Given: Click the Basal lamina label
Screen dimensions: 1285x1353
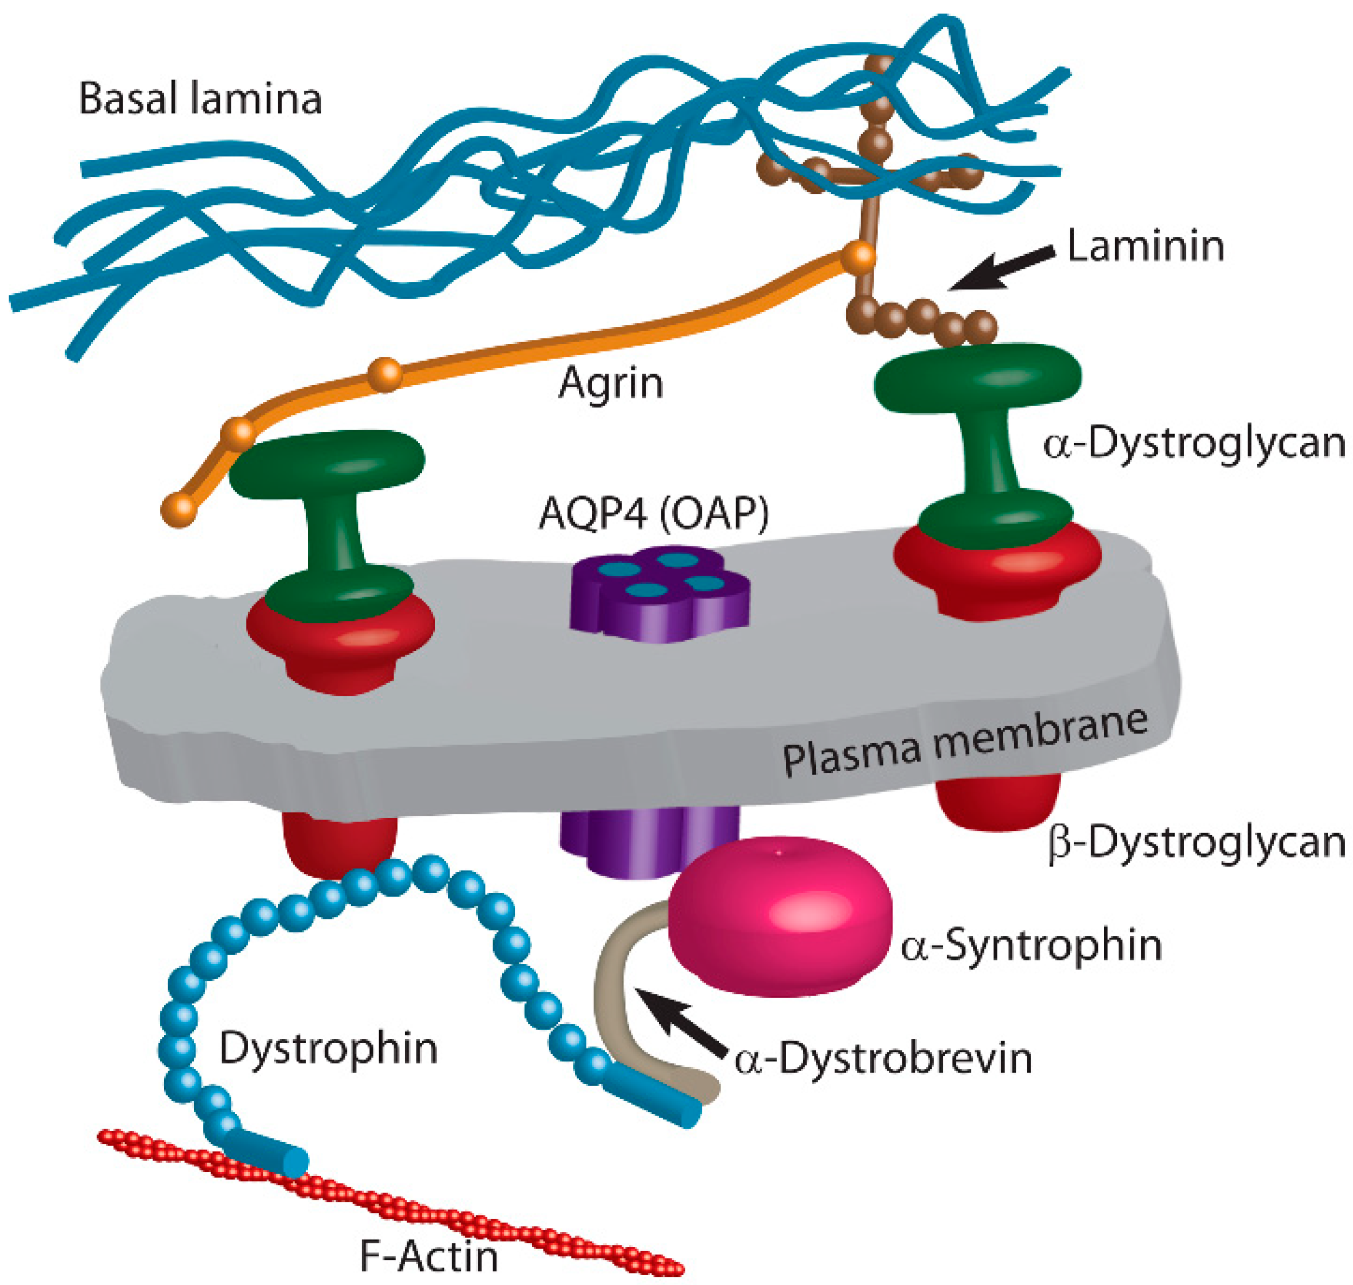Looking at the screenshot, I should pos(200,99).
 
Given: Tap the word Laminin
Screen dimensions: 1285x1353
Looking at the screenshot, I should pos(1146,246).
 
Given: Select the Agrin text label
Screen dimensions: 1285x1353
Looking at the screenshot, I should pos(611,383).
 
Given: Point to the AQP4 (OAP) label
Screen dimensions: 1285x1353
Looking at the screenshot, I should pos(653,512).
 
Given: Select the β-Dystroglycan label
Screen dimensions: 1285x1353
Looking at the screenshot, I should pos(1197,842).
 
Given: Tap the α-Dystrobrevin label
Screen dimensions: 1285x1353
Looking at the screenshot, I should pos(883,1059).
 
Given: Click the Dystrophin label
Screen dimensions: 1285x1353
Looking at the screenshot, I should pos(328,1049).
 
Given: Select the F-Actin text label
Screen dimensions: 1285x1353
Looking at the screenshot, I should pos(429,1256).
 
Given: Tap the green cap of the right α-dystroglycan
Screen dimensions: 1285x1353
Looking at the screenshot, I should pos(977,378).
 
